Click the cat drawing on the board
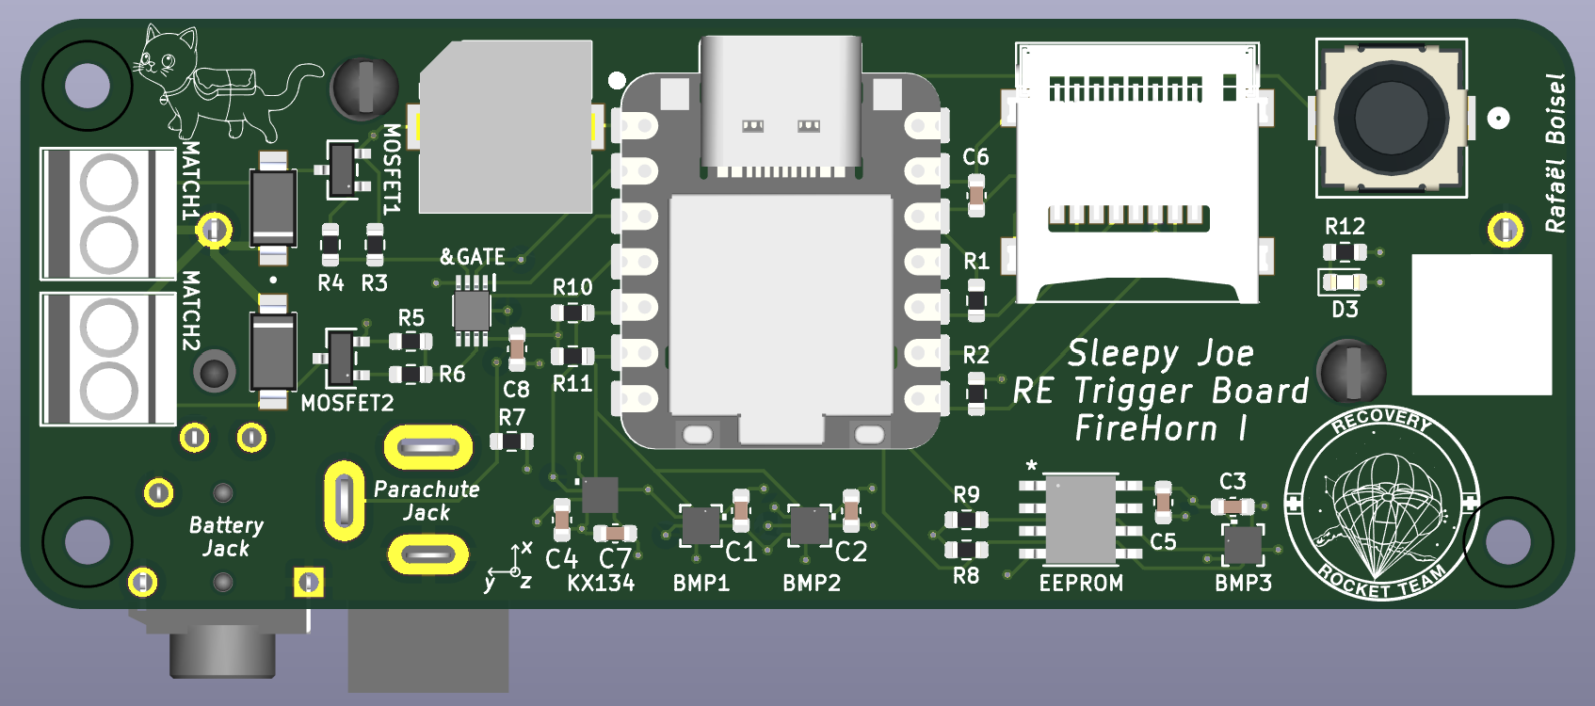pos(217,85)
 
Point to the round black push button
pos(1391,118)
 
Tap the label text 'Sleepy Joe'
pos(1160,354)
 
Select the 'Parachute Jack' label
pos(427,501)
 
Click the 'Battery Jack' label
pos(226,537)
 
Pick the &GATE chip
pos(472,310)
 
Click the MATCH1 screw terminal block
pos(108,214)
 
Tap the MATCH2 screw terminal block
pos(108,359)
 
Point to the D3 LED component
pos(1344,281)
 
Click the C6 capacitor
pos(976,195)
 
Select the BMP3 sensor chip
pos(1243,544)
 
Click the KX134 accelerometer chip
pos(600,494)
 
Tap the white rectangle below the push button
pos(1481,324)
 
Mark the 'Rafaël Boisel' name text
pos(1555,153)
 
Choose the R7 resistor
pos(511,441)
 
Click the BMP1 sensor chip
pos(701,525)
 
